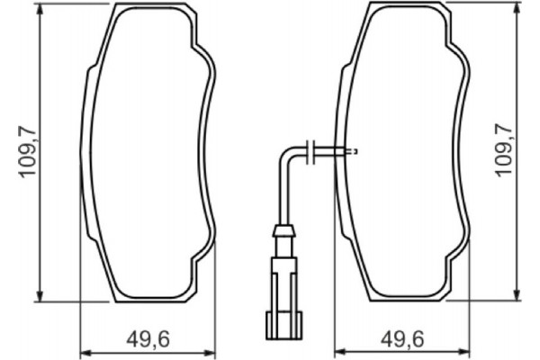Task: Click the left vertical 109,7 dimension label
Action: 28,151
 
